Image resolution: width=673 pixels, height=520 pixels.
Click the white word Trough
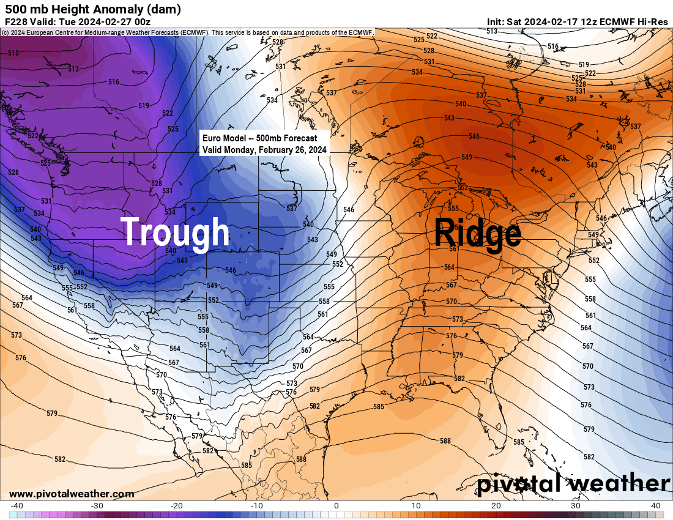click(x=175, y=233)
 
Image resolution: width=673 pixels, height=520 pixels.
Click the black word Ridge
click(x=478, y=233)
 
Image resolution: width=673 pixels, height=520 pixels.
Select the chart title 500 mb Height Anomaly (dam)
click(x=93, y=9)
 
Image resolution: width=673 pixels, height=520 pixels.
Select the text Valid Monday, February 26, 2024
click(x=265, y=149)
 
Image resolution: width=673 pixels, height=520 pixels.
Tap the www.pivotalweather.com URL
click(x=72, y=494)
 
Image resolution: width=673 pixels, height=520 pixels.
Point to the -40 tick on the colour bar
click(x=17, y=506)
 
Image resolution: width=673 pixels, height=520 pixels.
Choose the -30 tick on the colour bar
click(x=97, y=506)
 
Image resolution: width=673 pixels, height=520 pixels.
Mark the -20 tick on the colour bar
click(x=177, y=506)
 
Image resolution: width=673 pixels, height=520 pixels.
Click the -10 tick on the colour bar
click(x=256, y=506)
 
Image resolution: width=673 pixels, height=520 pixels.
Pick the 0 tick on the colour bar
click(x=336, y=506)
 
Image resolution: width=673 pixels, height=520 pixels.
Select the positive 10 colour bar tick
click(x=416, y=506)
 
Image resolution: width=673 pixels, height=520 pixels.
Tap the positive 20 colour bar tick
click(x=496, y=506)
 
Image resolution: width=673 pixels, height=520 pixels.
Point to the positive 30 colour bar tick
click(x=576, y=506)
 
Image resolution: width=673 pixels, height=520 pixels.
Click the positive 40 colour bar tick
click(x=655, y=506)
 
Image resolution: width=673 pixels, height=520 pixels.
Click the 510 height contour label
click(x=13, y=54)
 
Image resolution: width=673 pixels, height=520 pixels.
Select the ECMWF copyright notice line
click(x=187, y=32)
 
